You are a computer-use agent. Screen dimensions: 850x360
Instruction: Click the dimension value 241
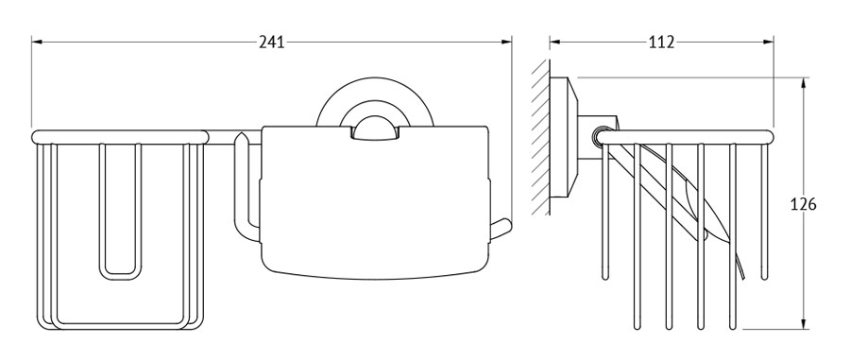[272, 42]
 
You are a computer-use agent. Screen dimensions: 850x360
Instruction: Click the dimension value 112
[661, 42]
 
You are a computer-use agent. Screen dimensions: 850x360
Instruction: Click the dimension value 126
[803, 204]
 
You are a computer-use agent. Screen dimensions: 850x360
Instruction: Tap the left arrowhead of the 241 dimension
[37, 42]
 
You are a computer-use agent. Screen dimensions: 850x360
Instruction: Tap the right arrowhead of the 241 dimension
[506, 42]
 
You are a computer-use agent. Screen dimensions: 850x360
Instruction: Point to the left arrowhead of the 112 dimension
[555, 42]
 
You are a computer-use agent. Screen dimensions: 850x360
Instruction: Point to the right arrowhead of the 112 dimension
[768, 42]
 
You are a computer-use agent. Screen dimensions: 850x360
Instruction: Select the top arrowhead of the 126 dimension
[803, 83]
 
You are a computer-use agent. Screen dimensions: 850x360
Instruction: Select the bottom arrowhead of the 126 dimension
[803, 323]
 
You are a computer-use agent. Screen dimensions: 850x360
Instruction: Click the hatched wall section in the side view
[540, 137]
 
